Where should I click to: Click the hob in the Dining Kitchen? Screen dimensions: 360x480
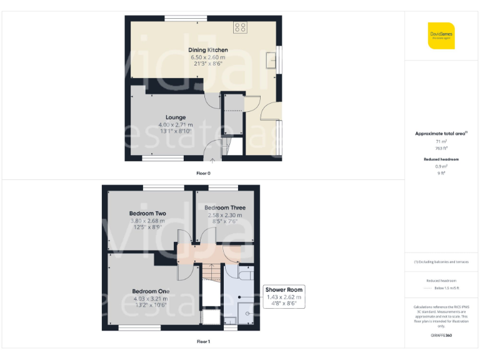(241, 27)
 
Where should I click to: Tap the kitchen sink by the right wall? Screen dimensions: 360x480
(272, 61)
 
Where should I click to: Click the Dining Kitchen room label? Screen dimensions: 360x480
(208, 50)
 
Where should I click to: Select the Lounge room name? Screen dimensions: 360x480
(176, 117)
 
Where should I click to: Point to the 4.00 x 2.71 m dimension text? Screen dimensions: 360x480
(176, 125)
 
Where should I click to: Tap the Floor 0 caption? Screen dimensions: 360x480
(204, 172)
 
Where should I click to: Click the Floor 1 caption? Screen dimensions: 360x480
(204, 342)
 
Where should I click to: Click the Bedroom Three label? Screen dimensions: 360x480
(225, 207)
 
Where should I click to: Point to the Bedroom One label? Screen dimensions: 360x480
(151, 291)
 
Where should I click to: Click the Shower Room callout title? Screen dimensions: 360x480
(284, 290)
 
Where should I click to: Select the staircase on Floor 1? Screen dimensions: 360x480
(211, 281)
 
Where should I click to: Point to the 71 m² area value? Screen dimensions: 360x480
(441, 142)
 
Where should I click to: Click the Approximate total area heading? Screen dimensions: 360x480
(441, 134)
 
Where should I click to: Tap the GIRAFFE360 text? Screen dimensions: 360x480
(441, 336)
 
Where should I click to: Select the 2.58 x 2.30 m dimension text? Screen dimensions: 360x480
(225, 215)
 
